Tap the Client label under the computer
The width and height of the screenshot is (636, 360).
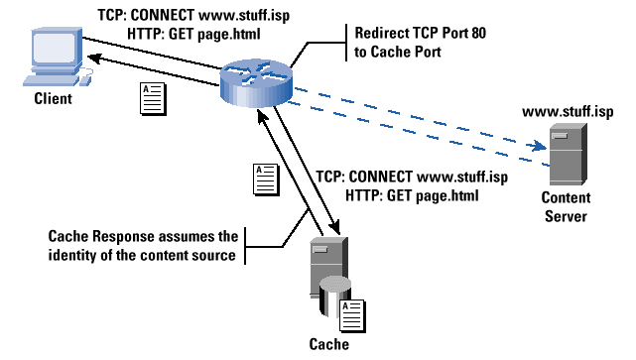click(x=53, y=98)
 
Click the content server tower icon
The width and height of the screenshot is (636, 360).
click(x=566, y=157)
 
